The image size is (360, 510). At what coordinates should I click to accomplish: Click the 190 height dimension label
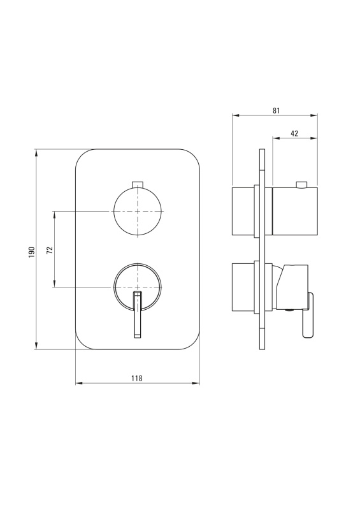(x=32, y=252)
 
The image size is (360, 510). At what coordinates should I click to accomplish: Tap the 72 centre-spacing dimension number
(x=50, y=250)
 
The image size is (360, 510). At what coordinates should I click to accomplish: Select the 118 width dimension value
(x=137, y=378)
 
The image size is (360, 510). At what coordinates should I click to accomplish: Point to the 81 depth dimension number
(x=276, y=110)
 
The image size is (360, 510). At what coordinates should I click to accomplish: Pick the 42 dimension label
(x=294, y=133)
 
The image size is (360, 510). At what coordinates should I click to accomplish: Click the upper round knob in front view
(x=138, y=211)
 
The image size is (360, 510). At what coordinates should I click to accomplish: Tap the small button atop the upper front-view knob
(x=138, y=184)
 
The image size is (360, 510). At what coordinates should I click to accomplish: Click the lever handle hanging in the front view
(x=137, y=314)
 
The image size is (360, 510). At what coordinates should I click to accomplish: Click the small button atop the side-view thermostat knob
(x=302, y=185)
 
